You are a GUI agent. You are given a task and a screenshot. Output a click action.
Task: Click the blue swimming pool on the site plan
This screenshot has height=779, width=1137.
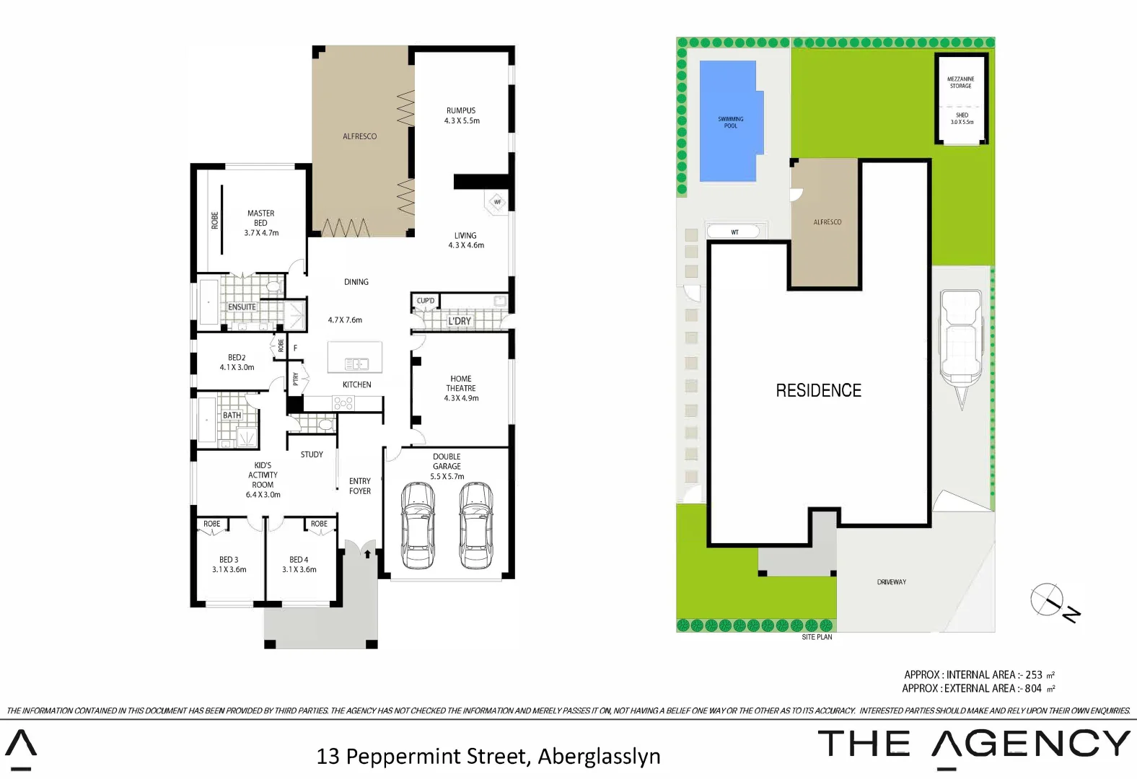click(729, 121)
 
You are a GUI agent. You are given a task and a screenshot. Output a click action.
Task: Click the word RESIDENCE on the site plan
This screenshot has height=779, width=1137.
click(818, 390)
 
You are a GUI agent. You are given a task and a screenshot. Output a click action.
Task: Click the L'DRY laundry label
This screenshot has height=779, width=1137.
click(460, 321)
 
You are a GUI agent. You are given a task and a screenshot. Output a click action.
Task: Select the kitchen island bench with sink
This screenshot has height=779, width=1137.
click(355, 358)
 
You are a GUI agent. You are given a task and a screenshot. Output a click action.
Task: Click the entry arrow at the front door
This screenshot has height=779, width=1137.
click(367, 554)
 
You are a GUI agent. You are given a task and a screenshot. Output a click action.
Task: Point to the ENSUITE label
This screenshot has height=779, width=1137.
click(242, 307)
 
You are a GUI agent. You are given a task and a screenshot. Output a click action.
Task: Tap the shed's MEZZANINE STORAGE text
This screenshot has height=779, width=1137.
click(960, 82)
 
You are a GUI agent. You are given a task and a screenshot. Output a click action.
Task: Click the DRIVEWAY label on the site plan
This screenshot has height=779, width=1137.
click(891, 581)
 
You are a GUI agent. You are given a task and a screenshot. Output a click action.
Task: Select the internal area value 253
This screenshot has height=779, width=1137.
click(1034, 674)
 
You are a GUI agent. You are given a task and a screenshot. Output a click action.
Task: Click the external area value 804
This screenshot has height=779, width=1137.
click(1033, 688)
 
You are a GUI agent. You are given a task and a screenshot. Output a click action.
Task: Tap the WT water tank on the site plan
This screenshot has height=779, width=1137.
click(734, 232)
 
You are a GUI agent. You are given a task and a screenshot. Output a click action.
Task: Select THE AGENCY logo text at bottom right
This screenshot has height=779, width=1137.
click(974, 744)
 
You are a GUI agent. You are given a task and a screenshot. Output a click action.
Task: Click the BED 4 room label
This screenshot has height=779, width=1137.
click(299, 564)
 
